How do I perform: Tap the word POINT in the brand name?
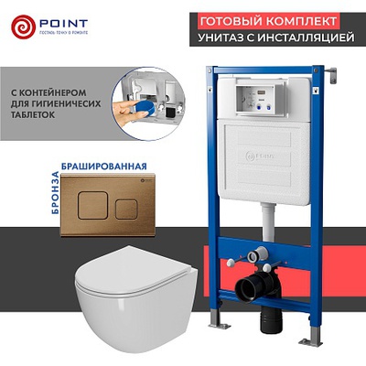pos(59,19)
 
